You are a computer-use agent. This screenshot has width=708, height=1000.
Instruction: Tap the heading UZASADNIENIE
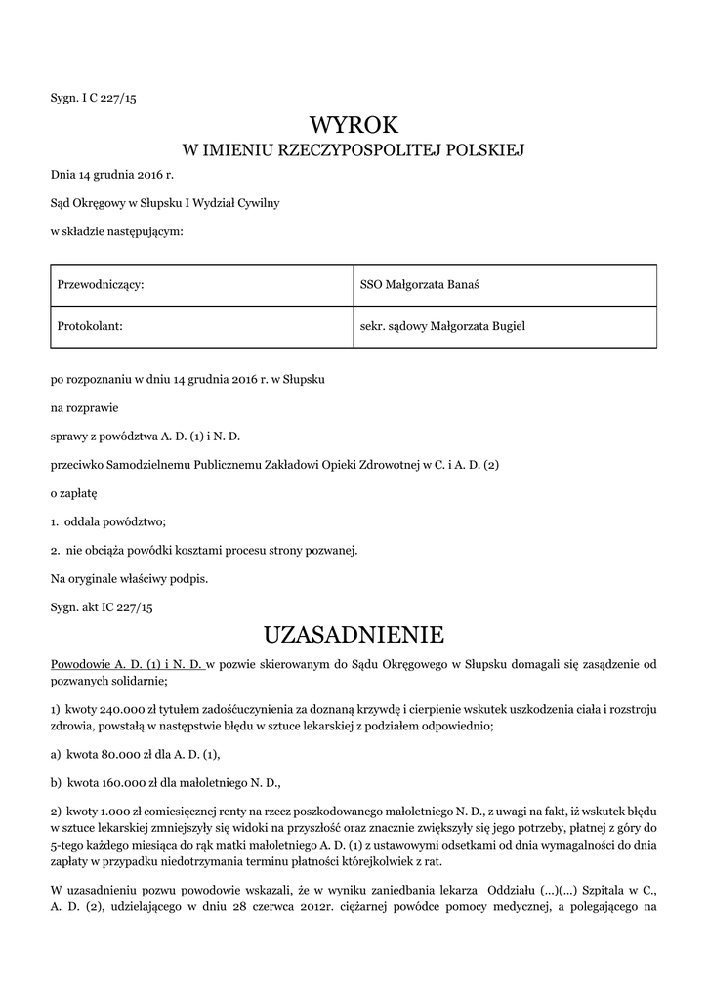click(x=354, y=635)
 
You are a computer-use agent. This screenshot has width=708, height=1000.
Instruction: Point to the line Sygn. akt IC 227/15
click(x=102, y=606)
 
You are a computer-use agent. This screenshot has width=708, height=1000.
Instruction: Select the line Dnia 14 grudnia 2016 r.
click(x=111, y=175)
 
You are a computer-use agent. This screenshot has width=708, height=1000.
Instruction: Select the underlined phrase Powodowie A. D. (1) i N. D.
click(x=128, y=664)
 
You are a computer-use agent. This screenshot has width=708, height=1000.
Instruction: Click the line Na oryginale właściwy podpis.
click(x=129, y=578)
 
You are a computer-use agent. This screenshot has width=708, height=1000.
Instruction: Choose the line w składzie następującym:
click(x=116, y=231)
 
